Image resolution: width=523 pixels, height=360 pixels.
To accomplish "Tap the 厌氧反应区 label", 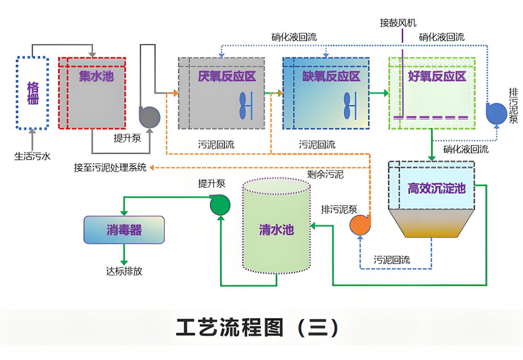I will [x=226, y=76].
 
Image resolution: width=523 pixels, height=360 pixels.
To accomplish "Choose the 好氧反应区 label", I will [x=437, y=76].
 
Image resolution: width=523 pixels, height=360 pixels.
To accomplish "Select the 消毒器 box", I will [x=124, y=230].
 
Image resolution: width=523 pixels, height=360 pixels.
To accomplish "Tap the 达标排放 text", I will [x=124, y=271].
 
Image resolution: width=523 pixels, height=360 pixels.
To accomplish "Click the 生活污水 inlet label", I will [x=32, y=155].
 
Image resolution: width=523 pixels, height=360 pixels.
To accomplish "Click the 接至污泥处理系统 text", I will [x=110, y=168].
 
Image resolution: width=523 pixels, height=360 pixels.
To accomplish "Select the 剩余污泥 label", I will [x=325, y=174].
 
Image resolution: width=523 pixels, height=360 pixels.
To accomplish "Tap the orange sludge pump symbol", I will [x=360, y=225].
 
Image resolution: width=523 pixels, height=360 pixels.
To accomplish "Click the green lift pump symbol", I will [x=220, y=205].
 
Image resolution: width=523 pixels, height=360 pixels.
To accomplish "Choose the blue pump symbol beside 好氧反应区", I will [x=494, y=114].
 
